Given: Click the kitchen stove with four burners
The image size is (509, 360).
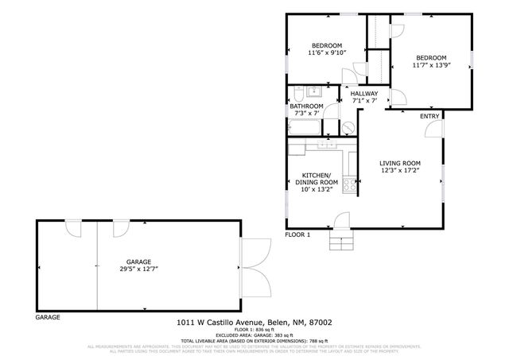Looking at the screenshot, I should (x=351, y=183).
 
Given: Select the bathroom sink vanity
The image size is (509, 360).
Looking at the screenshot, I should (x=314, y=90).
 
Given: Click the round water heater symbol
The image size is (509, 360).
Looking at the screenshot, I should (x=349, y=126).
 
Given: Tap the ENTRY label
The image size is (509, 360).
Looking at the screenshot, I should (x=429, y=117).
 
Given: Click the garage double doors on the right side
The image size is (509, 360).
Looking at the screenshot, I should (x=254, y=268).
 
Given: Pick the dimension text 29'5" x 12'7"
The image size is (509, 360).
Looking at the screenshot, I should (x=138, y=269).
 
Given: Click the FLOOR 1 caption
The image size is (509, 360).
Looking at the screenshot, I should (x=297, y=234).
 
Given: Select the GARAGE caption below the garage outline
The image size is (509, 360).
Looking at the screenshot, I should (x=47, y=317).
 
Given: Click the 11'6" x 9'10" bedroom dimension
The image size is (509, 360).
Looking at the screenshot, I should (x=326, y=52).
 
